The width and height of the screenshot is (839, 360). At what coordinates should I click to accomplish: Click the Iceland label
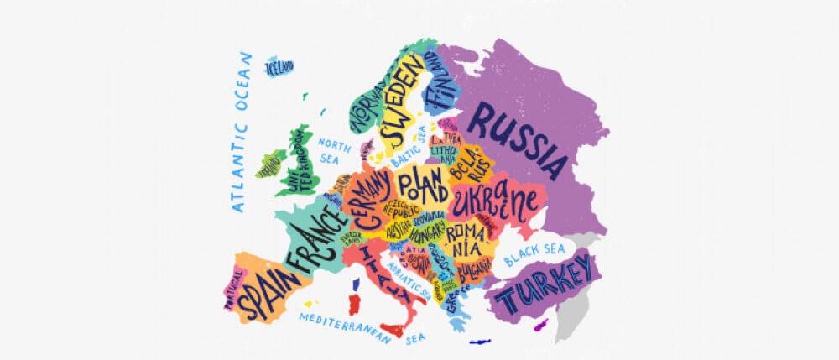pos(280,65)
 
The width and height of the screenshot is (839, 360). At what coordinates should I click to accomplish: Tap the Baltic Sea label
pos(409,154)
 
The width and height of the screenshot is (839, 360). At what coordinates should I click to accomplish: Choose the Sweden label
pos(399,110)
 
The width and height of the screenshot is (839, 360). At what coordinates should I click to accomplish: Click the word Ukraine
pos(495,203)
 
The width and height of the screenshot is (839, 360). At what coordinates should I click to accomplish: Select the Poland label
pos(422,185)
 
